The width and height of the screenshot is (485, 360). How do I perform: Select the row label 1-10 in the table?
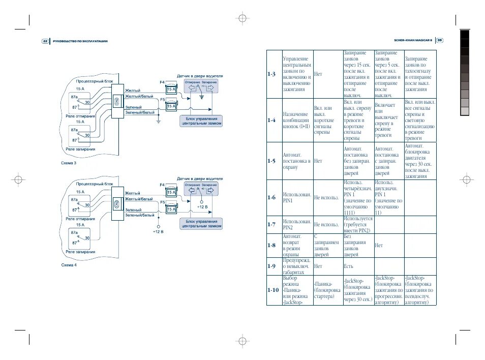(x=273, y=290)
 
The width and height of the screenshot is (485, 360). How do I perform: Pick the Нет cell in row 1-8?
(x=379, y=245)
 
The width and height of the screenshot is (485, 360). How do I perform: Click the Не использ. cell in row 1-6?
(x=326, y=197)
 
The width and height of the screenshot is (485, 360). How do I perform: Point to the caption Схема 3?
(x=69, y=164)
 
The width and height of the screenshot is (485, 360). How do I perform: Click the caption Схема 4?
(x=69, y=265)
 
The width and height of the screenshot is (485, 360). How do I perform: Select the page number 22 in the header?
(x=45, y=41)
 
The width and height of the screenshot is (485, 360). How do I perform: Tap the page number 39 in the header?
(x=440, y=41)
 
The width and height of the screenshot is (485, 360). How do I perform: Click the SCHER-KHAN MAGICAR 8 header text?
(x=413, y=41)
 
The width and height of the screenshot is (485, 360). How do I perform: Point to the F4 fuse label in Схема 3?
(x=162, y=82)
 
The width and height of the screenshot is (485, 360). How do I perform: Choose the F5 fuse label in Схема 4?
(x=162, y=202)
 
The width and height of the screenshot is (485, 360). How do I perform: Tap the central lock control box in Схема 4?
(x=201, y=224)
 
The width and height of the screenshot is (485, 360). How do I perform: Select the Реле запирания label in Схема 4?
(x=81, y=252)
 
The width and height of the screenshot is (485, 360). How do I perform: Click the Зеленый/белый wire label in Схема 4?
(x=140, y=215)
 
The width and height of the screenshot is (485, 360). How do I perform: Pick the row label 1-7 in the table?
(x=271, y=224)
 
